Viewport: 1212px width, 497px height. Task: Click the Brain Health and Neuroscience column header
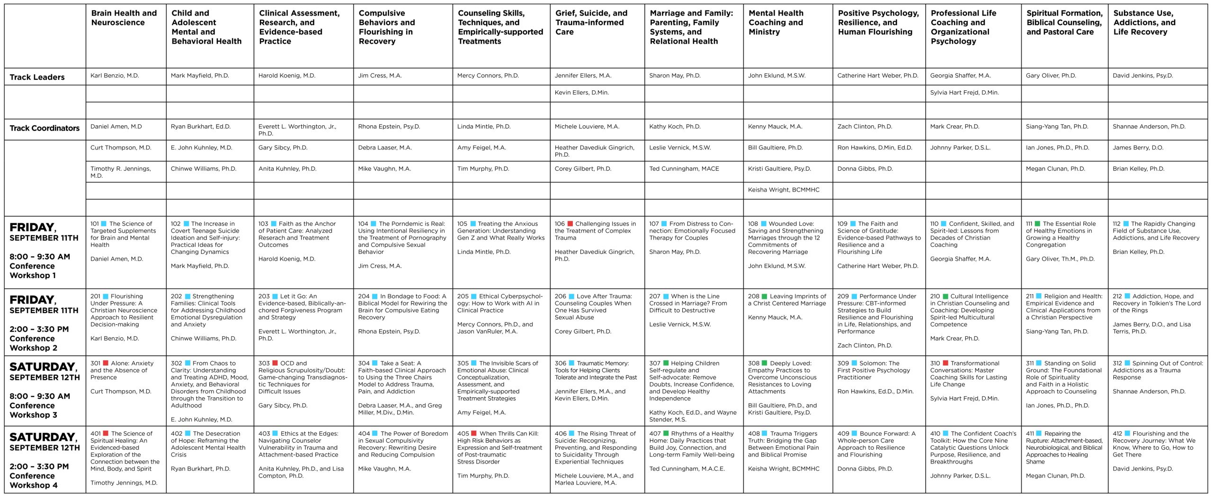[124, 17]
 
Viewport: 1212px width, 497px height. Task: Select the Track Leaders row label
[37, 77]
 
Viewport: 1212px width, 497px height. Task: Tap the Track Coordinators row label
[45, 128]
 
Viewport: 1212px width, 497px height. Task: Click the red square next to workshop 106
[570, 224]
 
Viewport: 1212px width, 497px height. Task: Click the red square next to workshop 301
[106, 363]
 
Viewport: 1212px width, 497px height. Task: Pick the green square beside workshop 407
[666, 433]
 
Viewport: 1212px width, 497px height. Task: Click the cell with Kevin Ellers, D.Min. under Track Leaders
[581, 93]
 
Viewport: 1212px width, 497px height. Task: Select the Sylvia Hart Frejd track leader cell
[964, 93]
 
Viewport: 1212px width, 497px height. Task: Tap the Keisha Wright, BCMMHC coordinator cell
[783, 190]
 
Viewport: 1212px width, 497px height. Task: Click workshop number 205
[463, 296]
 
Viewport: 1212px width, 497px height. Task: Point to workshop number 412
[1117, 434]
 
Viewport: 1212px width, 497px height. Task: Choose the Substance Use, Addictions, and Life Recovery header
[1144, 22]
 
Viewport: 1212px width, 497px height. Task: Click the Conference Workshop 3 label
[33, 410]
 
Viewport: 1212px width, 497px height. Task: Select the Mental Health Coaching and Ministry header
[775, 22]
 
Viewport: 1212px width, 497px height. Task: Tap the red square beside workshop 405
[473, 433]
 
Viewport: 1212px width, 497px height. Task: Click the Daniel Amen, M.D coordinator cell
[116, 127]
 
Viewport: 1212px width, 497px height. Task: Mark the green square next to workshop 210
[945, 296]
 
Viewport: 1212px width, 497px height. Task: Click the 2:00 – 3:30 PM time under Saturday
[39, 466]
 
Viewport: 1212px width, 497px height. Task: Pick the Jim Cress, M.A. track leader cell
[380, 76]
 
